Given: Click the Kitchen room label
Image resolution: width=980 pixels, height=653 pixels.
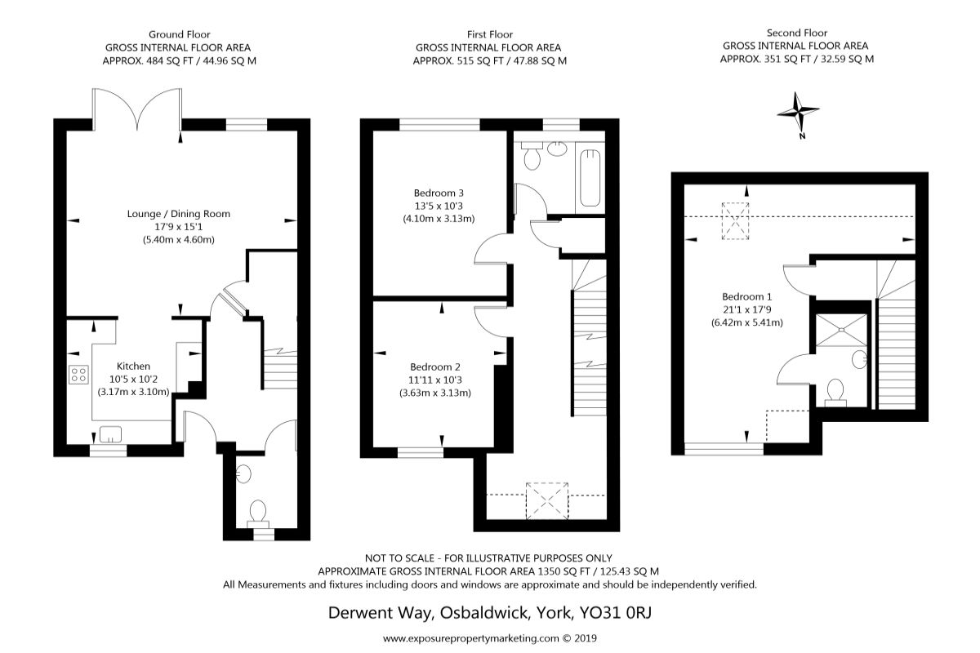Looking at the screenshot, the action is pyautogui.click(x=133, y=366).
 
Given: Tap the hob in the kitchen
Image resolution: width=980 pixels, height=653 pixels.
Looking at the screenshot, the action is pyautogui.click(x=78, y=375).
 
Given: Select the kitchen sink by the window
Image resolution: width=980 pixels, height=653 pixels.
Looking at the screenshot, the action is pyautogui.click(x=110, y=434).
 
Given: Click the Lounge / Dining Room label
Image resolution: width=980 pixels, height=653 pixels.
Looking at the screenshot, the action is pyautogui.click(x=179, y=214).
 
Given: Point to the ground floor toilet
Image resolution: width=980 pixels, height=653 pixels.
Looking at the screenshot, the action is pyautogui.click(x=258, y=514).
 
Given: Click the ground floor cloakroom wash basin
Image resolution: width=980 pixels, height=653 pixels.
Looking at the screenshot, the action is pyautogui.click(x=243, y=473).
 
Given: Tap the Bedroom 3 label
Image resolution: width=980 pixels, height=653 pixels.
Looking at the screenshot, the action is pyautogui.click(x=439, y=193).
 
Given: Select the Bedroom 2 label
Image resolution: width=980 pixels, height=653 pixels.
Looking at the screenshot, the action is pyautogui.click(x=435, y=367).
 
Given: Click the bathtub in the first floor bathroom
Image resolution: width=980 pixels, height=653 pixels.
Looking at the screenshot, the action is pyautogui.click(x=590, y=178).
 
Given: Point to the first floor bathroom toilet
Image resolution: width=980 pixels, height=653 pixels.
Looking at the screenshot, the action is pyautogui.click(x=532, y=156).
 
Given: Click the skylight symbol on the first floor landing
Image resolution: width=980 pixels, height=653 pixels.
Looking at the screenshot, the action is pyautogui.click(x=547, y=501).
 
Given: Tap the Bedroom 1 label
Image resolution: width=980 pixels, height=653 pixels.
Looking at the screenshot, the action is pyautogui.click(x=746, y=296).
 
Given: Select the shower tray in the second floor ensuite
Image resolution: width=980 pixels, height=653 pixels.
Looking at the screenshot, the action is pyautogui.click(x=841, y=331).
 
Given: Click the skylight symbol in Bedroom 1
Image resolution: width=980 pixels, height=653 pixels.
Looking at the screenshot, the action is pyautogui.click(x=736, y=221).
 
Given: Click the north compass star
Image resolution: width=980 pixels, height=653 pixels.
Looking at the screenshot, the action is pyautogui.click(x=798, y=112).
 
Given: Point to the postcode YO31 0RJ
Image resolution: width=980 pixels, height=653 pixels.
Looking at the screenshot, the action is pyautogui.click(x=616, y=612).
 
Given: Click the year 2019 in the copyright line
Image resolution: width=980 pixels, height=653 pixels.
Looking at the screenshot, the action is pyautogui.click(x=586, y=638).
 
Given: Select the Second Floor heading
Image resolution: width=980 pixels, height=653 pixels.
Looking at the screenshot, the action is pyautogui.click(x=797, y=33).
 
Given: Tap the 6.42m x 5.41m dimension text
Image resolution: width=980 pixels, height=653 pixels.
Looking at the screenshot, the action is pyautogui.click(x=746, y=322).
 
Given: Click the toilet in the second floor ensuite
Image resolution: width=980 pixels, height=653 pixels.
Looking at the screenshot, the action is pyautogui.click(x=835, y=393).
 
